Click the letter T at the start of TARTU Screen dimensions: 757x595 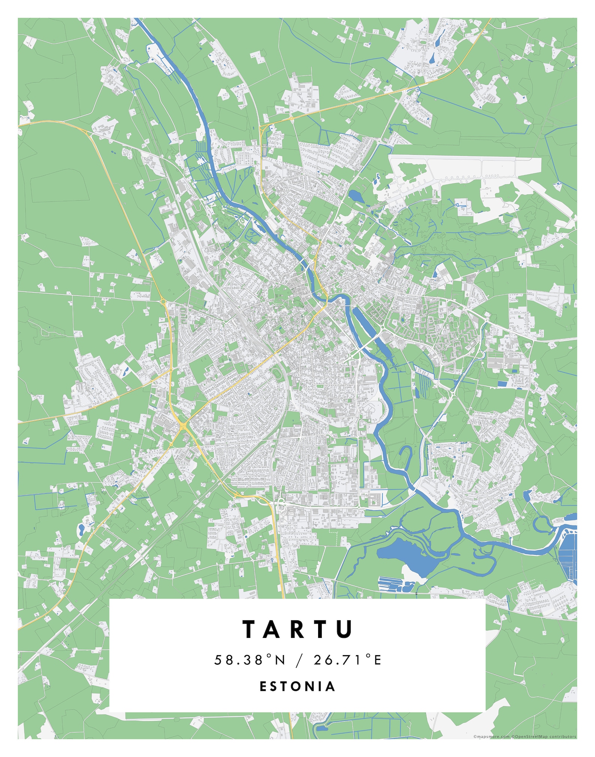click(249, 629)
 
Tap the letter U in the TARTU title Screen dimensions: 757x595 click(344, 629)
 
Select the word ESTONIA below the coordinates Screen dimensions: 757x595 click(297, 687)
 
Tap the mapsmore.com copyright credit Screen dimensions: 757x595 click(491, 737)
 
